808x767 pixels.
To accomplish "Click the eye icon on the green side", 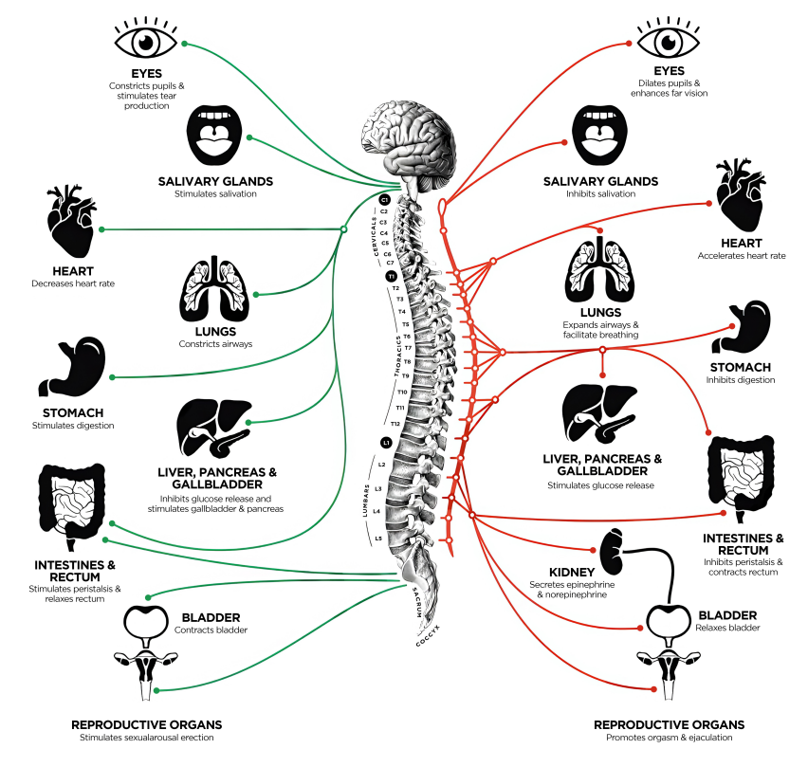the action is tap(146, 38).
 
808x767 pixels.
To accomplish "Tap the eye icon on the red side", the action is tap(669, 38).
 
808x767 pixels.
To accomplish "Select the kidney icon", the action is tap(612, 552).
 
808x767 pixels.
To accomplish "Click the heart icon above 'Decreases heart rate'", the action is tap(72, 221).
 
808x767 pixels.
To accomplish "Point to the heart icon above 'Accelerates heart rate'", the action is tap(741, 194).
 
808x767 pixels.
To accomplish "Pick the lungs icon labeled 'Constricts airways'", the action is tap(214, 288).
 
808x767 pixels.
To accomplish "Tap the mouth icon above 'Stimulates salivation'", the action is tap(214, 135).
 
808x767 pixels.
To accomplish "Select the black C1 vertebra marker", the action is tap(384, 200).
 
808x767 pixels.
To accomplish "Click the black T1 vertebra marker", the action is tap(392, 277).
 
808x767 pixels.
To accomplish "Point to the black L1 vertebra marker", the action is tap(386, 443).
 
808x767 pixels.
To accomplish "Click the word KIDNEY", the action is tap(572, 573).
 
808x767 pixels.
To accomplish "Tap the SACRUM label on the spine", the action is tap(417, 602).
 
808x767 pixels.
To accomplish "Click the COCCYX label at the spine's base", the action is tap(429, 635).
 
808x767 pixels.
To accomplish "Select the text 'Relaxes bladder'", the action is tap(727, 628).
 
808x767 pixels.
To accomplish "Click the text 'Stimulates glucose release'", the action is tap(600, 485).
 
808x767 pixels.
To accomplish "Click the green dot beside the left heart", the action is tap(101, 229).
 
